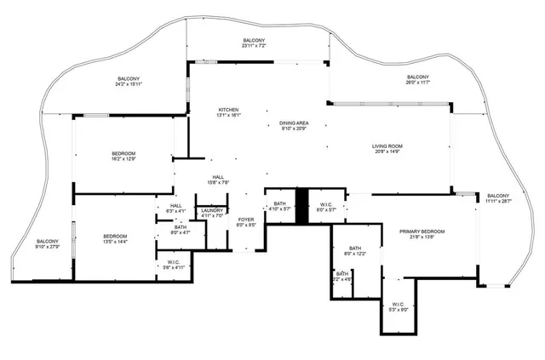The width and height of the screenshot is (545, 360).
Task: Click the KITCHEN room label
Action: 228,111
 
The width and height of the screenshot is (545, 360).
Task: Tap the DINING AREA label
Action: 293,123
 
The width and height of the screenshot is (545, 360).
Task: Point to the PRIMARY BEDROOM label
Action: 423,232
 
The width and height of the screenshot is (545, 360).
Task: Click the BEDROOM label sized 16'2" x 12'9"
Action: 123,155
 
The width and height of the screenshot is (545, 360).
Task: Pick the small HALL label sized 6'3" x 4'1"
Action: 175,207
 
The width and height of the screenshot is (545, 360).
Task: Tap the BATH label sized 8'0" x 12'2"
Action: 354,250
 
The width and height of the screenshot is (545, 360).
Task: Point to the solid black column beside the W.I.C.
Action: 301,207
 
